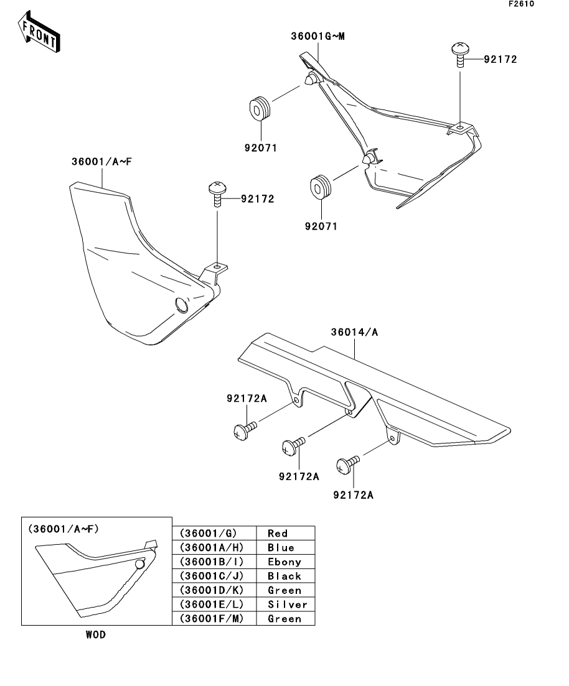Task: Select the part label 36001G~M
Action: pos(317,36)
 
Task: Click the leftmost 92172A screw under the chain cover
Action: pos(243,430)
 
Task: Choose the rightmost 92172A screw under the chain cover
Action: pos(347,463)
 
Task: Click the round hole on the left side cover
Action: pos(181,305)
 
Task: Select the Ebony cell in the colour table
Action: pos(285,562)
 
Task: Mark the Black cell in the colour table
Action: pos(285,576)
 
